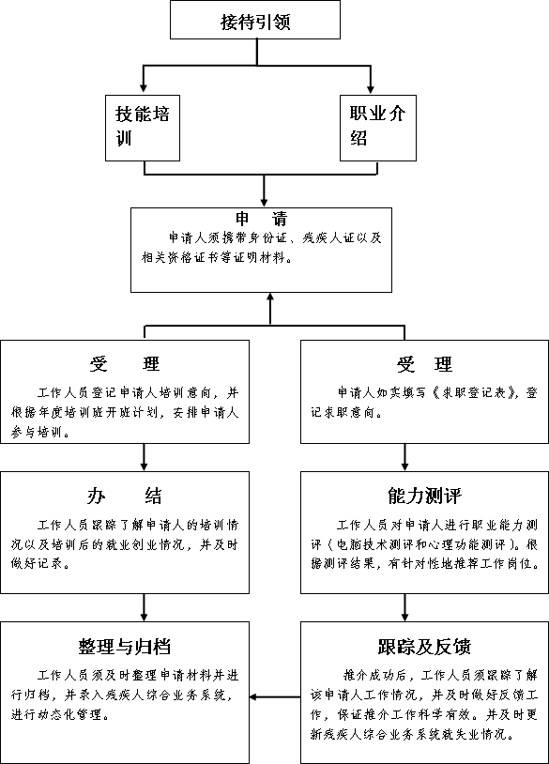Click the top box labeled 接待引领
point(254,20)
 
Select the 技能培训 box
point(143,128)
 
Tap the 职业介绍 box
point(378,128)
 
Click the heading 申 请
point(262,219)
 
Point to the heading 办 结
point(124,496)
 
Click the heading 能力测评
point(424,496)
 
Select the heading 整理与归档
point(125,647)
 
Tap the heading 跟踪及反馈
point(424,647)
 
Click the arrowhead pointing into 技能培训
point(144,88)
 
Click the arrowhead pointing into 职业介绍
point(370,88)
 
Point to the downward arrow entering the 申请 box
point(264,191)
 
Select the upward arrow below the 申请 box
point(270,309)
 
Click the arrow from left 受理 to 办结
point(144,457)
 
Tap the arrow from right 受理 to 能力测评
point(404,457)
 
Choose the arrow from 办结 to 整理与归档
point(144,607)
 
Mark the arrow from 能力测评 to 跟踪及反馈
point(404,607)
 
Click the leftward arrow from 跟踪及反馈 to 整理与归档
point(275,696)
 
